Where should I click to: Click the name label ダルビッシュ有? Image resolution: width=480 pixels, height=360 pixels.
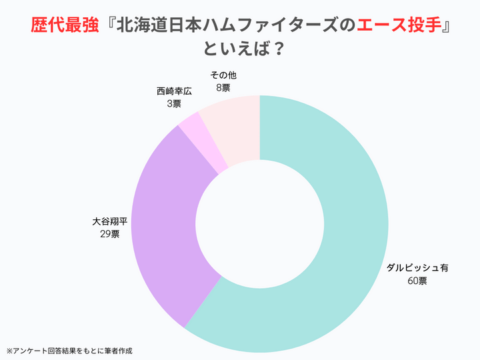tap(418, 268)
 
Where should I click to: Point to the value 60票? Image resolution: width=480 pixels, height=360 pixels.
tap(418, 281)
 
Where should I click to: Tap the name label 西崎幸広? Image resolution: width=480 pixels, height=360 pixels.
tap(174, 91)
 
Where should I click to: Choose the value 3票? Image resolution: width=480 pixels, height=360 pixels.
tap(174, 103)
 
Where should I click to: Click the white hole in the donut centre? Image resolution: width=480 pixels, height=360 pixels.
tap(260, 224)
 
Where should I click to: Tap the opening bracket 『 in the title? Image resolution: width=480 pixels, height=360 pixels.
tap(109, 26)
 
